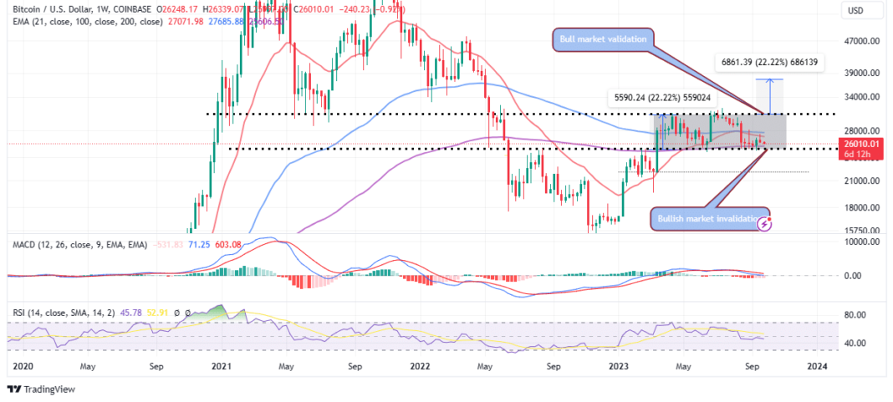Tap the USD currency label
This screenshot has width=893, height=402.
[855, 10]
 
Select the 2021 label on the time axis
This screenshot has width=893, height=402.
[221, 366]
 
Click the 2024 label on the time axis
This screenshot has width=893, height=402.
[817, 366]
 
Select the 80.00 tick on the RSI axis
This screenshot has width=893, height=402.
[864, 315]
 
